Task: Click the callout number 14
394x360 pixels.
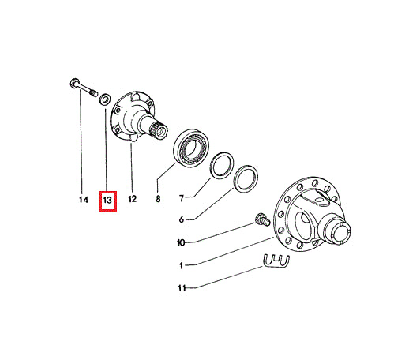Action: pos(84,200)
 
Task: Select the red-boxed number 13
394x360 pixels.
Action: pos(108,201)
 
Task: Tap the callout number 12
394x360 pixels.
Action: pos(133,199)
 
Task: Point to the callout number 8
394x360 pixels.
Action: pos(158,199)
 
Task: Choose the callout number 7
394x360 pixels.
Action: pos(182,198)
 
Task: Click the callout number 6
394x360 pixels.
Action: pos(182,219)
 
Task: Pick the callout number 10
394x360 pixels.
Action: pos(181,242)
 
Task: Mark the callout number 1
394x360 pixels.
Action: pos(181,266)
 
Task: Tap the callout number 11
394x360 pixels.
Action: pos(182,288)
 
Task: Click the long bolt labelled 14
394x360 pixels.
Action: pos(84,87)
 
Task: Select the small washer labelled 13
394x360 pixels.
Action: pos(105,99)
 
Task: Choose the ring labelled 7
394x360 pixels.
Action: pos(222,165)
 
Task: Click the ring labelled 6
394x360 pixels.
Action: pos(246,179)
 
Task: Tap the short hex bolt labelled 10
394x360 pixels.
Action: pos(263,219)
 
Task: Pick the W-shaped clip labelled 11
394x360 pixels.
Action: pos(276,261)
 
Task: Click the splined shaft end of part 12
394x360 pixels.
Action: pos(159,130)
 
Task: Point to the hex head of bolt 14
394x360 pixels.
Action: pos(74,82)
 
